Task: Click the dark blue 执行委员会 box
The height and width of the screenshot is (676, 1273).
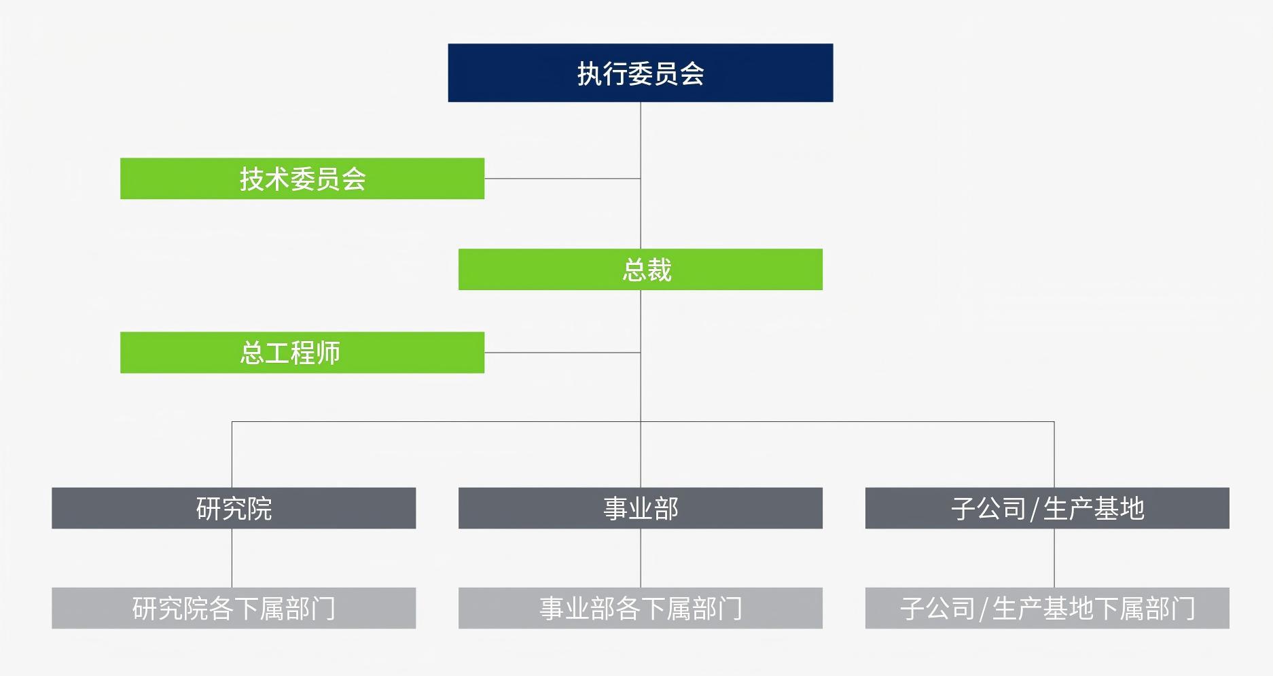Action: (640, 73)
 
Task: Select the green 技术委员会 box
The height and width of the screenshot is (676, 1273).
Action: (302, 179)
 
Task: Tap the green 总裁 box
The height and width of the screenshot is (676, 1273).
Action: (640, 269)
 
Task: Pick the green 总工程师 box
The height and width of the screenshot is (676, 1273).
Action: (302, 353)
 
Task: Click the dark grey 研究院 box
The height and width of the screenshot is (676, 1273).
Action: (233, 508)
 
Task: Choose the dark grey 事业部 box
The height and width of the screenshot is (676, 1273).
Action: (640, 508)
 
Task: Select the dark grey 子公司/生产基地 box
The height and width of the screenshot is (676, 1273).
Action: (1047, 508)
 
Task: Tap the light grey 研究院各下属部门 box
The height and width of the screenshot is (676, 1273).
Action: (233, 608)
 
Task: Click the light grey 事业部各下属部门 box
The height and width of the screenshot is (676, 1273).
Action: (640, 608)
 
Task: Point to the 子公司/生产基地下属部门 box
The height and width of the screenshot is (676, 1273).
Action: (1047, 608)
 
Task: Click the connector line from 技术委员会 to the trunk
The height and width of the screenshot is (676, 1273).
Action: (562, 179)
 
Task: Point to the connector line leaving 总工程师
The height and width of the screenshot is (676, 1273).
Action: (562, 353)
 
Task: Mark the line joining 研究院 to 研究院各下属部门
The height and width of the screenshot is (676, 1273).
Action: (232, 558)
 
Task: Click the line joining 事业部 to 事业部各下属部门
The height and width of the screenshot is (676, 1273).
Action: (641, 558)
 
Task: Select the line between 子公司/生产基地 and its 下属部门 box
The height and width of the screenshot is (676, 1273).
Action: (1054, 558)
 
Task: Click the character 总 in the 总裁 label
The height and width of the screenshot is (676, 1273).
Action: (634, 270)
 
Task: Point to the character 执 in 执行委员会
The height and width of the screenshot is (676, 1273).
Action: (590, 73)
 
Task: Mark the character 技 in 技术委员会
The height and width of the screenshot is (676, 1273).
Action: (252, 179)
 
